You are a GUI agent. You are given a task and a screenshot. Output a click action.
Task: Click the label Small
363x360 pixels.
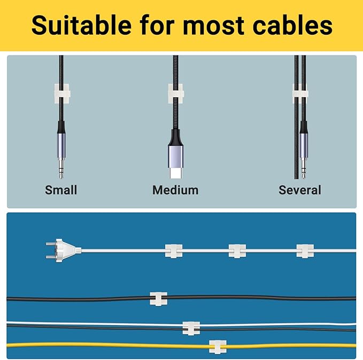coord(61,190)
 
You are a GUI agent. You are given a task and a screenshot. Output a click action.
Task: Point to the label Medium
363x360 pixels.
coord(175,190)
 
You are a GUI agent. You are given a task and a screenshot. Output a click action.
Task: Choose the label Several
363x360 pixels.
coord(300,190)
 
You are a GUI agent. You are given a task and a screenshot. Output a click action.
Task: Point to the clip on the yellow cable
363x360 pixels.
coord(218,347)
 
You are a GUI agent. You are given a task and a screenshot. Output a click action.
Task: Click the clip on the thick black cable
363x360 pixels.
coord(158,299)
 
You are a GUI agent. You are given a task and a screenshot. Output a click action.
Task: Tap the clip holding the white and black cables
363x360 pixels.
coord(191,327)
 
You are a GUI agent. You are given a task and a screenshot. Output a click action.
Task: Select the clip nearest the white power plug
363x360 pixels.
coord(173,250)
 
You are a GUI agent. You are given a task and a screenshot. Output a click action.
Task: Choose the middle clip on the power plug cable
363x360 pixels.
coord(237,251)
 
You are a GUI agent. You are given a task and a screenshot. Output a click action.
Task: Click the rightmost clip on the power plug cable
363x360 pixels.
coord(305,251)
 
